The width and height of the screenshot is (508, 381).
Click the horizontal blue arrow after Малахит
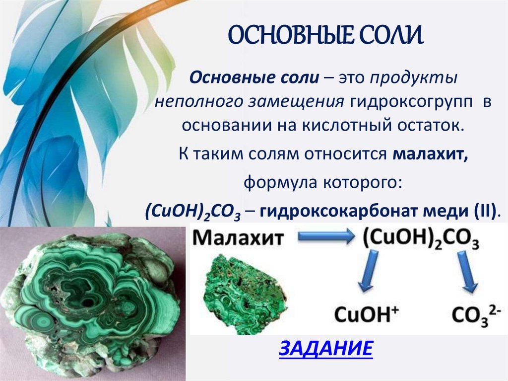coord(325,237)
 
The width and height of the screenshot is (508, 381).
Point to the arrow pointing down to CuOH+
coord(368,271)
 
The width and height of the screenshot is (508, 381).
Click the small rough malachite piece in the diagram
coord(245,293)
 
